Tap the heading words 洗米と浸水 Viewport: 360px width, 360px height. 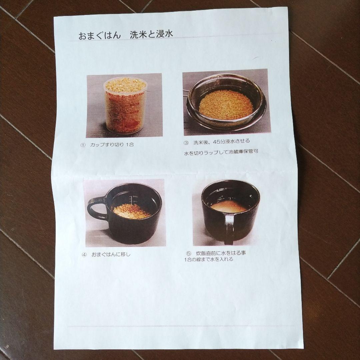pos(151,35)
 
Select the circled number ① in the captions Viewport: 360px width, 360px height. pos(83,145)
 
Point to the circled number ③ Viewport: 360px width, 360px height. pos(186,142)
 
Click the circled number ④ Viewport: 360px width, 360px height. pos(84,255)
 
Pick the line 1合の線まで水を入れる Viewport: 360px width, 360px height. pos(208,259)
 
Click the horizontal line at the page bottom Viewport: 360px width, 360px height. pos(180,326)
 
